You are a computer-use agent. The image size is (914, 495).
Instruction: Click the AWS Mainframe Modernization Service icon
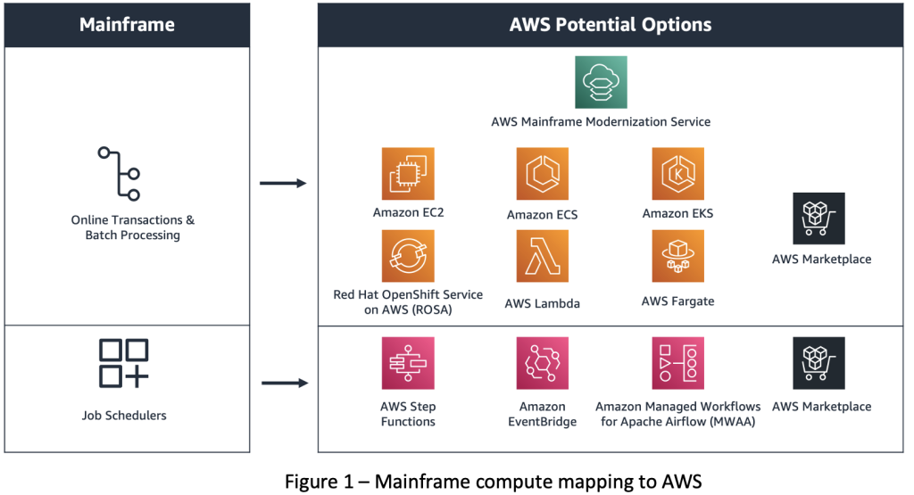point(601,82)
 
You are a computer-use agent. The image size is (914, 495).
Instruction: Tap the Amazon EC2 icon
point(408,174)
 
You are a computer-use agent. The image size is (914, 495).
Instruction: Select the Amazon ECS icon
point(542,174)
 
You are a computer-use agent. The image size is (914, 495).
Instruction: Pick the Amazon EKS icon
point(678,174)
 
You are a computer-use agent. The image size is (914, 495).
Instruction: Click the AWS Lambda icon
point(542,256)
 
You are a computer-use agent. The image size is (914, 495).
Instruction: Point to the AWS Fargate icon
point(678,256)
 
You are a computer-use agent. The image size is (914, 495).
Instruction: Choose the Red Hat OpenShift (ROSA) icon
point(408,256)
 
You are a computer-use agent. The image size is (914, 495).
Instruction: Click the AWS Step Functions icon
point(408,363)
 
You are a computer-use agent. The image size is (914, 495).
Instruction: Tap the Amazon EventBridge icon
point(542,363)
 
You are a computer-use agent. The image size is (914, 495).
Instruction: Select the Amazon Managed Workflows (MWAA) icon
point(678,363)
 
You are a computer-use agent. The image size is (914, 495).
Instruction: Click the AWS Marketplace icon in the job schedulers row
point(818,363)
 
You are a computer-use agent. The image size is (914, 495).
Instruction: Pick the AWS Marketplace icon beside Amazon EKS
point(818,219)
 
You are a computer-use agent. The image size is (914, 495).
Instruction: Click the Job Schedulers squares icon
point(123,363)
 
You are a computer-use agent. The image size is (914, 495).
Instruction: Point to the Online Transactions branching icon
point(120,174)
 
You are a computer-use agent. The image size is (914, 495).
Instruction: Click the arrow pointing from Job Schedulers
point(283,384)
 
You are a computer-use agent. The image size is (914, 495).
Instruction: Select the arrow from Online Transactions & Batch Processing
point(283,184)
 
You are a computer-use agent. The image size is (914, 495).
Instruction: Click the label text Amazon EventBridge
point(542,414)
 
